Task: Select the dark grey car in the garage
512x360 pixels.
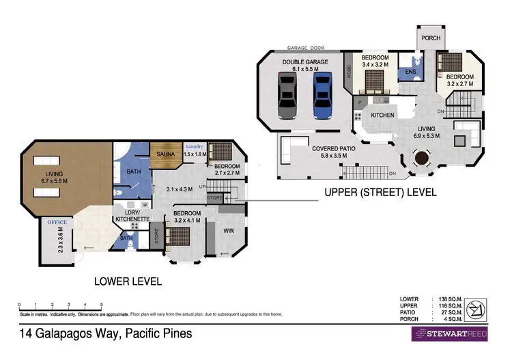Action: click(287, 96)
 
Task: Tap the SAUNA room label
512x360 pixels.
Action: click(165, 154)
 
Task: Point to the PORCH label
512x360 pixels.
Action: click(430, 38)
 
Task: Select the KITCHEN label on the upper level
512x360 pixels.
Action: click(382, 115)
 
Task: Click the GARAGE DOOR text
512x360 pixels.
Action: click(305, 49)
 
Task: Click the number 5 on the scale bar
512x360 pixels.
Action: click(102, 305)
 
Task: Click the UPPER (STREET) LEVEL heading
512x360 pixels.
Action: click(380, 193)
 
